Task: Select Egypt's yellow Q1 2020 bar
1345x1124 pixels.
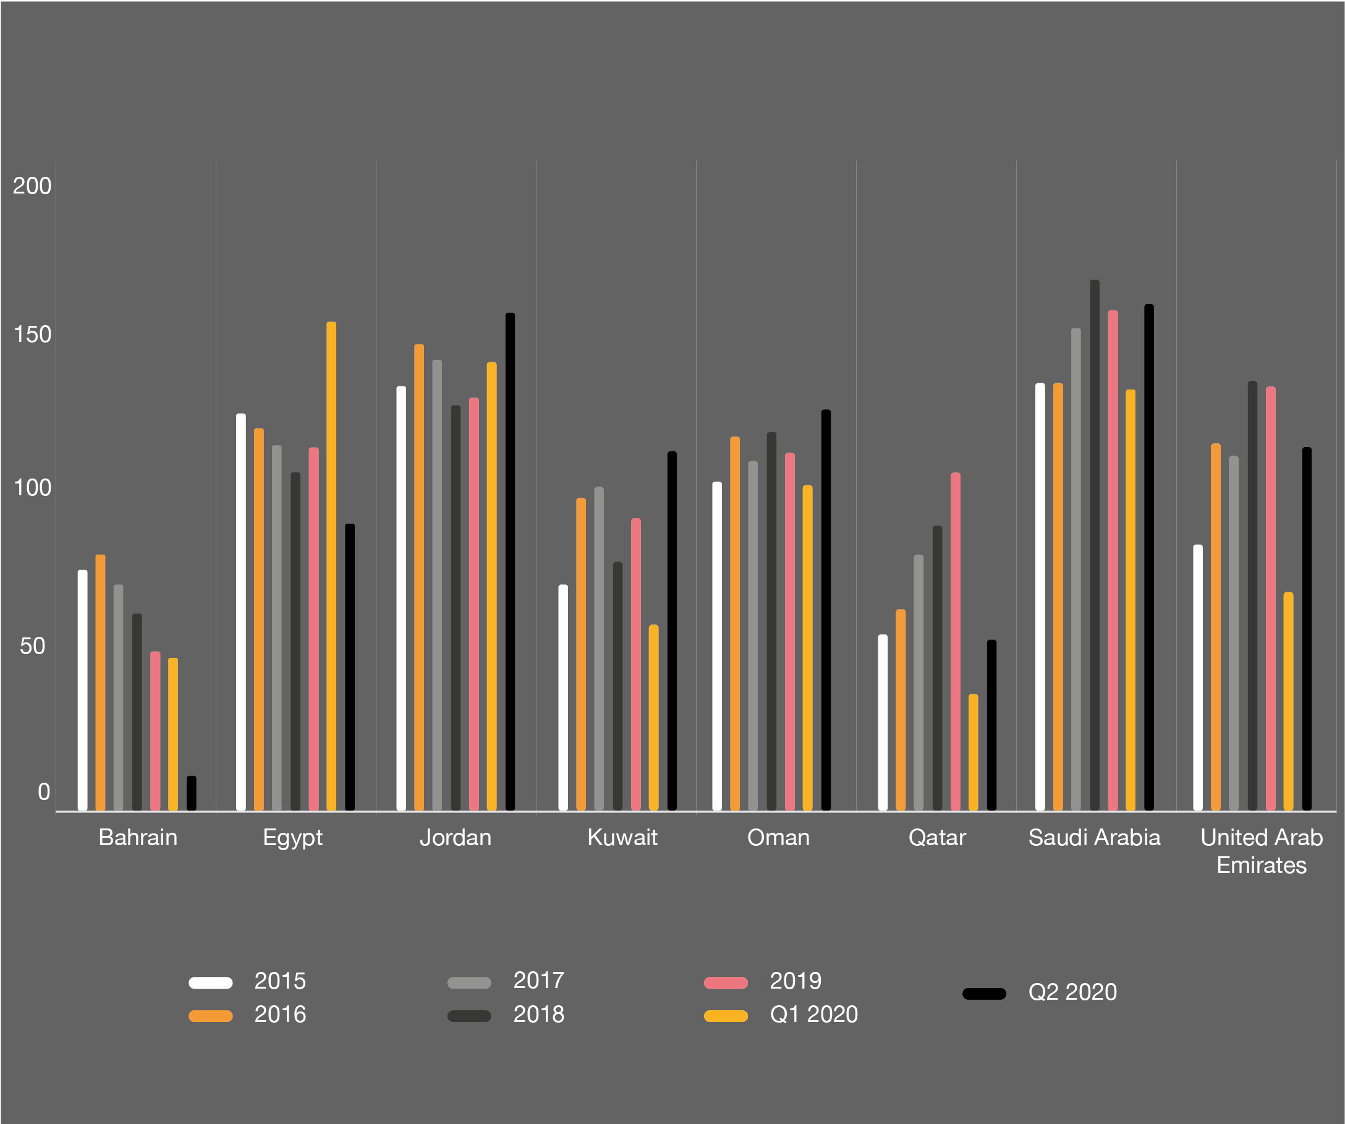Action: click(331, 566)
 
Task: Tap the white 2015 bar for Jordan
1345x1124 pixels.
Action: click(401, 598)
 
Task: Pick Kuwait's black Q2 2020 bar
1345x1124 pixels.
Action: click(672, 631)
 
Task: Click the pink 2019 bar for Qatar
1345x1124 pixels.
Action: click(956, 642)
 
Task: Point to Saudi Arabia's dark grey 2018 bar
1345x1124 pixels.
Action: click(1095, 545)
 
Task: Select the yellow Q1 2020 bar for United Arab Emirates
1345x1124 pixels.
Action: click(1289, 701)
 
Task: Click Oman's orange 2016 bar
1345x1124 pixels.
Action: click(735, 624)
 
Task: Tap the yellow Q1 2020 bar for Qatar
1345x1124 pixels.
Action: click(974, 752)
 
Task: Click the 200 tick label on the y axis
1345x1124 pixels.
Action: click(32, 185)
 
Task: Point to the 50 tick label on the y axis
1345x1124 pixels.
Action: click(33, 645)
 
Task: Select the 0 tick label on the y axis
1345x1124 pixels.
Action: click(43, 792)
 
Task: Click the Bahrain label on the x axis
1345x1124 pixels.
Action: click(138, 837)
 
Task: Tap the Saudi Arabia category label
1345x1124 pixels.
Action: click(1094, 837)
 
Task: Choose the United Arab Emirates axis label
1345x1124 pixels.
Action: click(1261, 851)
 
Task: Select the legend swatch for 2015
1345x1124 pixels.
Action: click(211, 982)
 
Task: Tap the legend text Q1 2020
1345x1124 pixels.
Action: click(813, 1015)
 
